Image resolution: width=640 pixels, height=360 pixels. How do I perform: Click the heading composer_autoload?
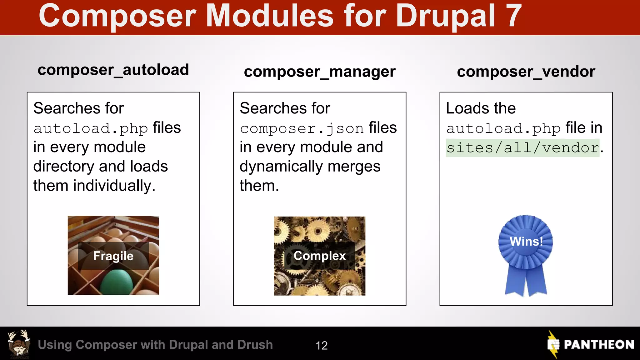point(113,70)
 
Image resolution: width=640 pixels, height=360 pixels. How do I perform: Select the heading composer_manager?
point(319,72)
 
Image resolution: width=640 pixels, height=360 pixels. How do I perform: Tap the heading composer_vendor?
point(526,72)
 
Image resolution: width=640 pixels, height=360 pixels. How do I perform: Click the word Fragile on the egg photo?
point(113,256)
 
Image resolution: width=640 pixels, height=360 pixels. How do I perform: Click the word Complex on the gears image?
point(319,256)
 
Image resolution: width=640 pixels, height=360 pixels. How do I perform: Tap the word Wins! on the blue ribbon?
point(526,241)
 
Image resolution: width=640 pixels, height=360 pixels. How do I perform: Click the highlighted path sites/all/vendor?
point(522,147)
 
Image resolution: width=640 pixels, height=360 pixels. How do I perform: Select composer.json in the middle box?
point(302,128)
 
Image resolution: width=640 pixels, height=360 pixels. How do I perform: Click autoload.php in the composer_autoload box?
point(91,128)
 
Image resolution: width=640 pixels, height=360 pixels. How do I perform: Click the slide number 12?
point(322,345)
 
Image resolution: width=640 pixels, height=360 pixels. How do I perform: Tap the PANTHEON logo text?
point(598,345)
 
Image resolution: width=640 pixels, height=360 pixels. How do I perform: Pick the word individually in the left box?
point(114,186)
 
